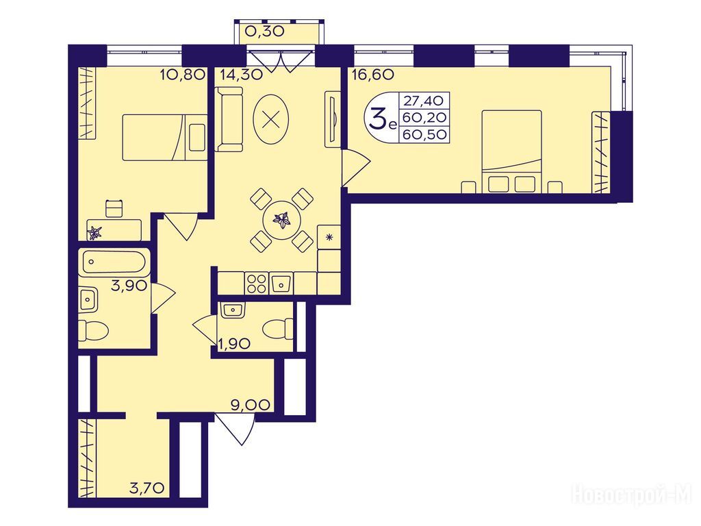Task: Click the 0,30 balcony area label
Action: (265, 31)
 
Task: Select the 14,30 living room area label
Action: (241, 74)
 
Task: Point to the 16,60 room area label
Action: (373, 74)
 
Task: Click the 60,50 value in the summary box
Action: (424, 134)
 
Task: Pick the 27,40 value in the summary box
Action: (424, 99)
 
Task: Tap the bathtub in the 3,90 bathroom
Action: (114, 262)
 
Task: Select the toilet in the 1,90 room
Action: (278, 329)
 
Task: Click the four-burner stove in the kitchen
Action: (256, 283)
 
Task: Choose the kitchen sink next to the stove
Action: (281, 283)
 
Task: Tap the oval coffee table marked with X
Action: (270, 118)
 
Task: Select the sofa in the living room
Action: (229, 119)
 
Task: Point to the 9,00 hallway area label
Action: (251, 405)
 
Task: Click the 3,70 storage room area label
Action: (149, 487)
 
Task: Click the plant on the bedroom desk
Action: (95, 232)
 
